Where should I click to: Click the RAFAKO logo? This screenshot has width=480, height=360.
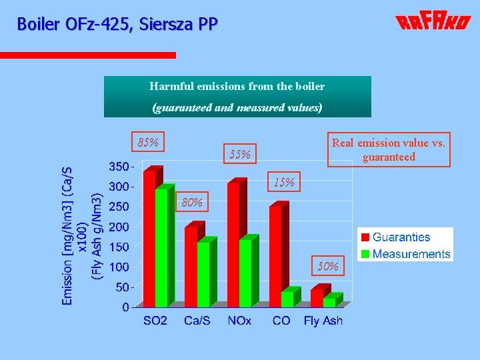pyautogui.click(x=433, y=23)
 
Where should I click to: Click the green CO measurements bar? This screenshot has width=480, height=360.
pyautogui.click(x=287, y=298)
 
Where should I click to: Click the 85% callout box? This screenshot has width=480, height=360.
pyautogui.click(x=148, y=143)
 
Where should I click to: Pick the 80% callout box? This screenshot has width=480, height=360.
pyautogui.click(x=192, y=203)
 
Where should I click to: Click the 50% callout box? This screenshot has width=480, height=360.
pyautogui.click(x=328, y=267)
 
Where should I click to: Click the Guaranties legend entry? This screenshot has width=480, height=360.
pyautogui.click(x=401, y=237)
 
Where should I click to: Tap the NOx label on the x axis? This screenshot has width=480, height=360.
pyautogui.click(x=239, y=321)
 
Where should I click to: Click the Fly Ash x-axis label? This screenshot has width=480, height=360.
pyautogui.click(x=323, y=321)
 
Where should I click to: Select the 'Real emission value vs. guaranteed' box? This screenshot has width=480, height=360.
pyautogui.click(x=389, y=150)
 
